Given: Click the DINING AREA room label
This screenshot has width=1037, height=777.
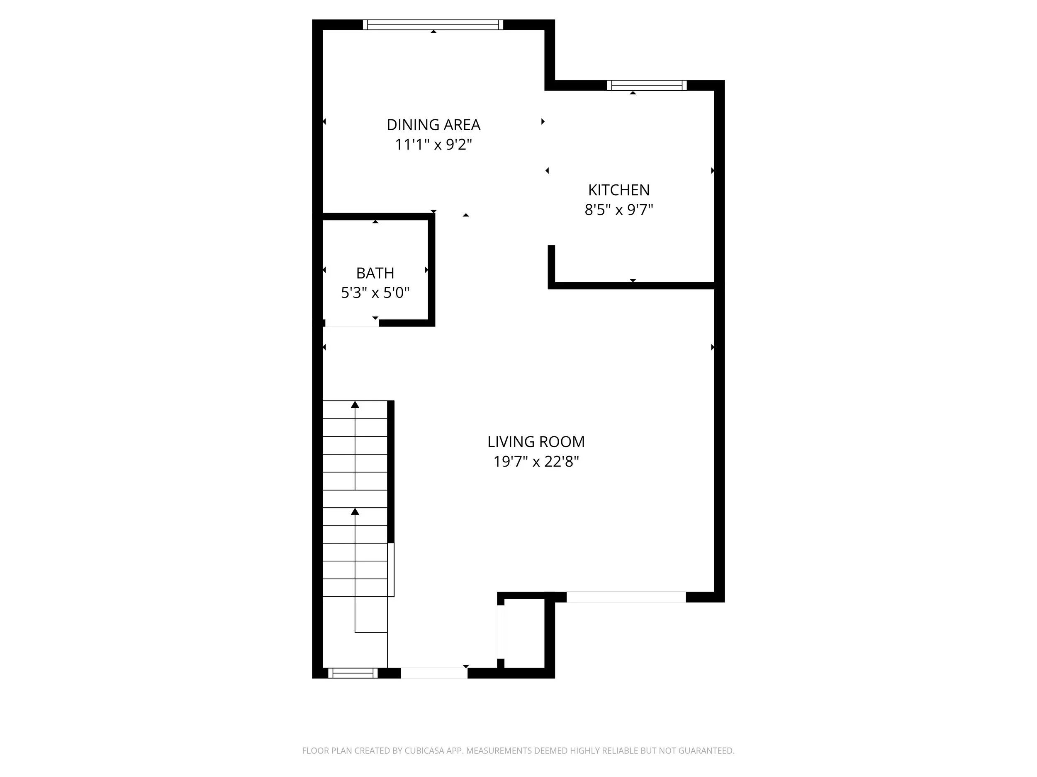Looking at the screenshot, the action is [433, 125].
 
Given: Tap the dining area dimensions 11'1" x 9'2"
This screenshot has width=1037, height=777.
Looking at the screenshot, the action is [433, 144].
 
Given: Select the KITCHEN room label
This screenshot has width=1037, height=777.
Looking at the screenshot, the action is [619, 190].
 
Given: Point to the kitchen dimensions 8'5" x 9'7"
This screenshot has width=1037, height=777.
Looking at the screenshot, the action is [619, 209].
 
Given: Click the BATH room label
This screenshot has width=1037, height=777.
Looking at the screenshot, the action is [375, 273].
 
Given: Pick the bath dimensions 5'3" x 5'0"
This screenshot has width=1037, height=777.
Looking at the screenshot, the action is [375, 293].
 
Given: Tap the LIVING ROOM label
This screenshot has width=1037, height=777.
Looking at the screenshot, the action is [536, 442].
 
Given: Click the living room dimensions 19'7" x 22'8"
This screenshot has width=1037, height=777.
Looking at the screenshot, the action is [536, 461].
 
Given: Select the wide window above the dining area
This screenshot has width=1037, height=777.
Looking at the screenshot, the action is [433, 25].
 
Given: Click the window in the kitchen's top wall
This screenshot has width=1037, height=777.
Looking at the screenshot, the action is [647, 85].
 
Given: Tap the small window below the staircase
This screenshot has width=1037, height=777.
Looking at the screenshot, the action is [353, 673].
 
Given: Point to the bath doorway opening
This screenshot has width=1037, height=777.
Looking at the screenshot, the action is [352, 323].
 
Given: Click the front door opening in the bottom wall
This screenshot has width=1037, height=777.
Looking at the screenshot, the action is [434, 673].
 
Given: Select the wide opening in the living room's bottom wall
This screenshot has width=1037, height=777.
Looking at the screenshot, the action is [626, 597].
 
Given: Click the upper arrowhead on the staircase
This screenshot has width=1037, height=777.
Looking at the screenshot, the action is [355, 404].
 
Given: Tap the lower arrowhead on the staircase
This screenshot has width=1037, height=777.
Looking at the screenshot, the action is [355, 511].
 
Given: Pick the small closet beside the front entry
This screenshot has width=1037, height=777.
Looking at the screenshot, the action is [524, 633].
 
